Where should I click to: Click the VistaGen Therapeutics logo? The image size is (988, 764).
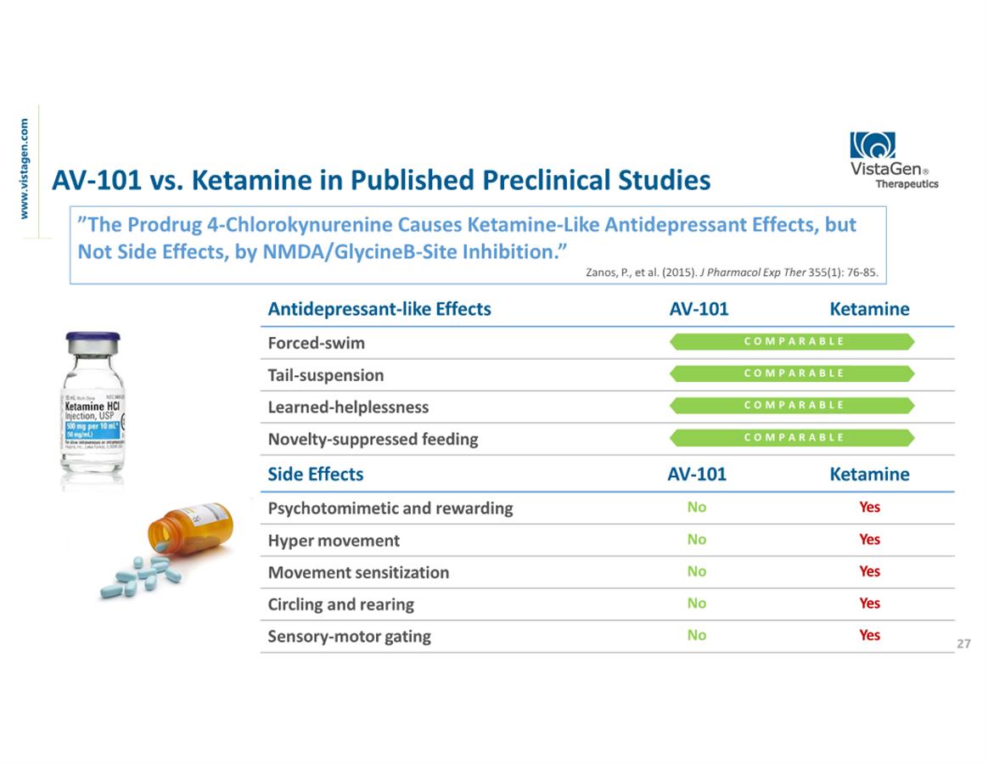[893, 159]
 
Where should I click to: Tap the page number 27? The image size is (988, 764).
[963, 644]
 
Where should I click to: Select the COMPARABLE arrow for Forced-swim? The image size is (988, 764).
[793, 341]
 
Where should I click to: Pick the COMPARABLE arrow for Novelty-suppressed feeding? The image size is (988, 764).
[793, 437]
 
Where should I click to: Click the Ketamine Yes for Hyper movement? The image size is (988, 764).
[869, 539]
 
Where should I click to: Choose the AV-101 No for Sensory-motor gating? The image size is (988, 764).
[696, 635]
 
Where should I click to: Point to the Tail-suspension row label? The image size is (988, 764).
[325, 375]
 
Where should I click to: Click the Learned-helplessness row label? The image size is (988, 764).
[348, 407]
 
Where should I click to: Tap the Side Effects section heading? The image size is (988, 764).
[315, 475]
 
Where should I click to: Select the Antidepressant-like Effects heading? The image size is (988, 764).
[379, 309]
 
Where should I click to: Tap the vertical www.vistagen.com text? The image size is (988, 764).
[25, 168]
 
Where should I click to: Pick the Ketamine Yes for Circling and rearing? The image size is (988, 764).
[869, 604]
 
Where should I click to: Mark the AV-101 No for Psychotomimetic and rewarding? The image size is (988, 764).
[696, 507]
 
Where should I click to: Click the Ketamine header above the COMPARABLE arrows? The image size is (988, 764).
[868, 309]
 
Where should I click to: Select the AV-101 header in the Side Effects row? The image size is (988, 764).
[697, 475]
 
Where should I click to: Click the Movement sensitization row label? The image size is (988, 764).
[358, 572]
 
